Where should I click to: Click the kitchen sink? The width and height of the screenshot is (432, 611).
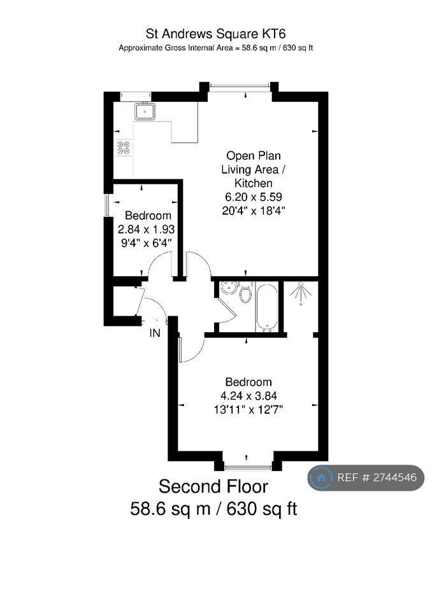pos(145,111)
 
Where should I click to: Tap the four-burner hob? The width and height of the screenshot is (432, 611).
pos(124,147)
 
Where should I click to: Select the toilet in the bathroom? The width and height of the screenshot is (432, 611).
pos(245,293)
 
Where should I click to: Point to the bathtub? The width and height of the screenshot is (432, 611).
pos(266,307)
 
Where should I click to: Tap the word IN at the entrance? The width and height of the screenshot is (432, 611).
pos(155,333)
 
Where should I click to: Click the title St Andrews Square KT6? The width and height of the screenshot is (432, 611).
pos(216,34)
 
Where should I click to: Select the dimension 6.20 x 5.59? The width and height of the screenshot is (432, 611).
pos(253,197)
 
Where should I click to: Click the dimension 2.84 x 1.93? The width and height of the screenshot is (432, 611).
pos(147,229)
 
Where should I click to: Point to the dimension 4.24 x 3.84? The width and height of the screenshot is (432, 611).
pos(248,396)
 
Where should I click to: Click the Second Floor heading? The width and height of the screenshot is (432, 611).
pos(213,487)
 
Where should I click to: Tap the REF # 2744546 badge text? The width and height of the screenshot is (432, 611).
pos(377,478)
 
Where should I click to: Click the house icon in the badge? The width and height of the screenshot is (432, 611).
pos(321,478)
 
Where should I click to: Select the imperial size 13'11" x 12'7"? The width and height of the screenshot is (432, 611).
pos(248,410)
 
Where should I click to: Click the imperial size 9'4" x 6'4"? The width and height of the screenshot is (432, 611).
pos(147,243)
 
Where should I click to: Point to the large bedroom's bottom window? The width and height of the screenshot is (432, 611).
pos(248,467)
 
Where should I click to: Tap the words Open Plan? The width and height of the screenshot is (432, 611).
pos(254,155)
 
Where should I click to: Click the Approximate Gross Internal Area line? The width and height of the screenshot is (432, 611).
pos(216,48)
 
